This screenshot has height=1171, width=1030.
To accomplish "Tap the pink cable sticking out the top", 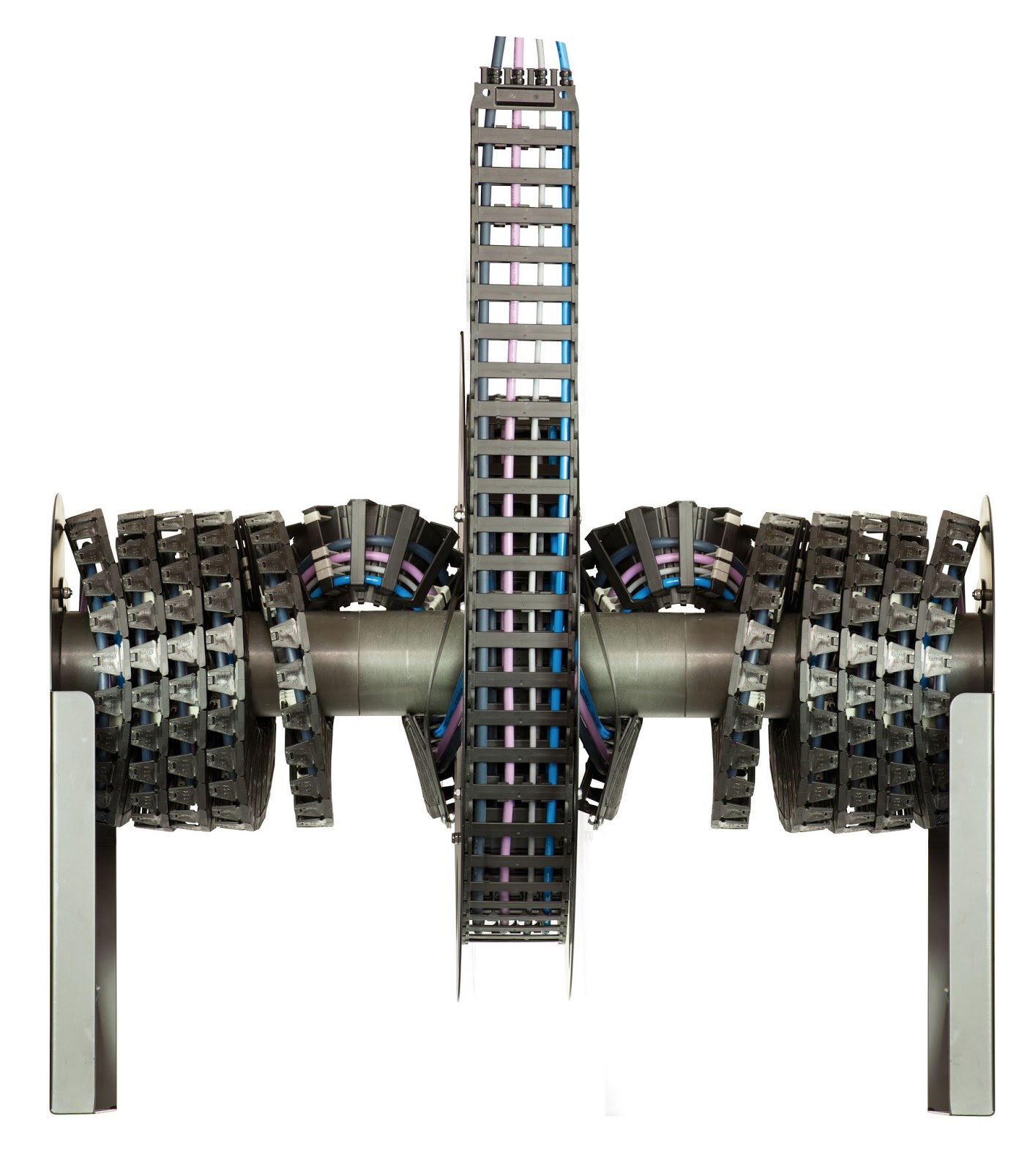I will click(519, 51).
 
